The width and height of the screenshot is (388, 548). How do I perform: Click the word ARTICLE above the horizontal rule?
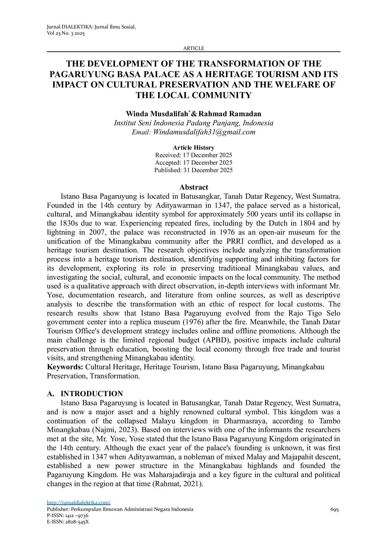pyautogui.click(x=193, y=48)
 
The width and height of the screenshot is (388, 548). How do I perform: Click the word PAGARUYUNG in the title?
pyautogui.click(x=82, y=74)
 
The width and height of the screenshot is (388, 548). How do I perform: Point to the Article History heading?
pyautogui.click(x=193, y=148)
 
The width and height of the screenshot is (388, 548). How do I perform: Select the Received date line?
pyautogui.click(x=193, y=155)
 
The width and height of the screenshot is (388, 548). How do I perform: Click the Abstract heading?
pyautogui.click(x=193, y=187)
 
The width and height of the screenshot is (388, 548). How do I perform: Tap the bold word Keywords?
pyautogui.click(x=65, y=367)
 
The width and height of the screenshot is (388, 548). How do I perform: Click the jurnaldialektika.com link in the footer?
pyautogui.click(x=78, y=503)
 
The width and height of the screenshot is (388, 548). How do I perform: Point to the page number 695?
pyautogui.click(x=334, y=510)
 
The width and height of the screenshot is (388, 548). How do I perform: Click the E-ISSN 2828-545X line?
pyautogui.click(x=68, y=522)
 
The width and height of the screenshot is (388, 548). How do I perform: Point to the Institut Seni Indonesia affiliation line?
pyautogui.click(x=193, y=123)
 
